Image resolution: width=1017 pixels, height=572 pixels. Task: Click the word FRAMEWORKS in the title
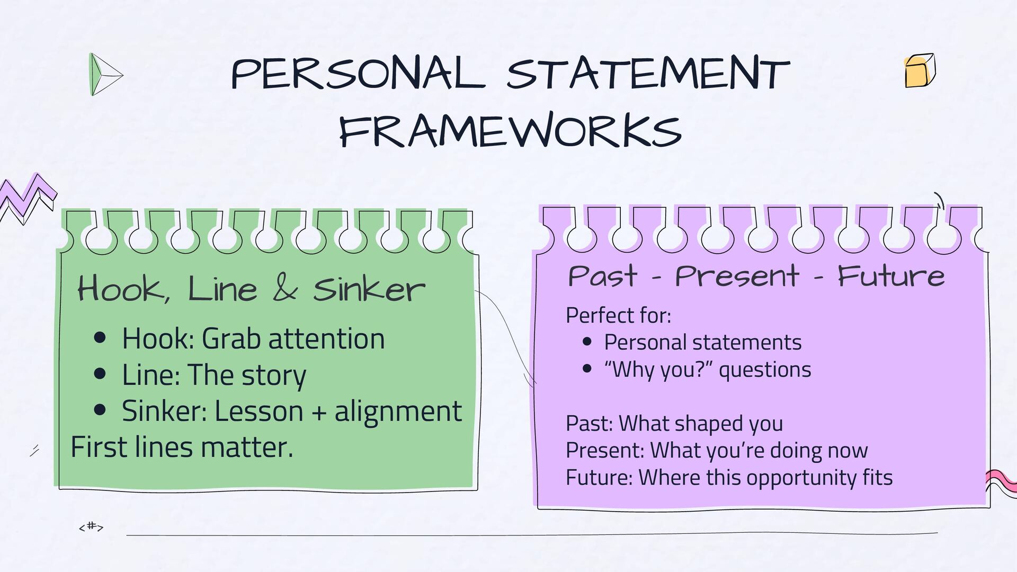[510, 130]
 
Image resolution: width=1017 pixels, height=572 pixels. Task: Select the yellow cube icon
[920, 70]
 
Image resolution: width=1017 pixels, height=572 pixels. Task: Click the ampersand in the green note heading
[285, 289]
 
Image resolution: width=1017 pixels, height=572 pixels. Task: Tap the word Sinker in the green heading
[369, 289]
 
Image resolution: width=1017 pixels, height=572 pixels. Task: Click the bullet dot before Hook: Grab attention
[100, 338]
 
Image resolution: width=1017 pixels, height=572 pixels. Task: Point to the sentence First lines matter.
[182, 447]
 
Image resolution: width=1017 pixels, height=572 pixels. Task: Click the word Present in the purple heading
[736, 276]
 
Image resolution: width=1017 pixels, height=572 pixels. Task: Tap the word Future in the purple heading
[891, 276]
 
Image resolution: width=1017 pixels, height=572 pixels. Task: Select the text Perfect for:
[618, 315]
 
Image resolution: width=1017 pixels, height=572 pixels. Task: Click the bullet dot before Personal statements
[587, 342]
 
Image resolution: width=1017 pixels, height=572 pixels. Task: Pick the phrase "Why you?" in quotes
[658, 369]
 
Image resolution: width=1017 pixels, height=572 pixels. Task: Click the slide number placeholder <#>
[91, 526]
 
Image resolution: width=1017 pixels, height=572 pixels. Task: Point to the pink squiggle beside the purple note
[1001, 482]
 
